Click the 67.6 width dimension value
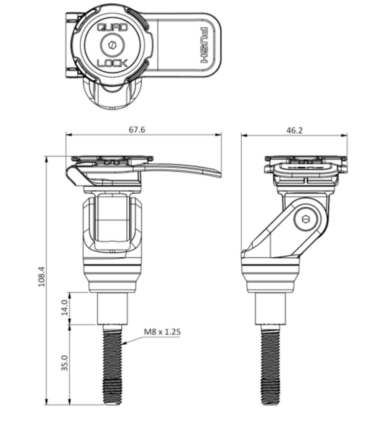click(x=137, y=130)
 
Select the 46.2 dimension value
click(x=295, y=130)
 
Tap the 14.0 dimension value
click(x=64, y=307)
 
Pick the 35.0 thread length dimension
click(x=64, y=363)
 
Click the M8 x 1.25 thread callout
click(x=162, y=332)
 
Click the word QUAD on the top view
click(x=112, y=28)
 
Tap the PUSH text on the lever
click(x=204, y=45)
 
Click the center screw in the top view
click(x=112, y=44)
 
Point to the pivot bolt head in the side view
click(x=307, y=219)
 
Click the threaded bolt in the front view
click(x=112, y=365)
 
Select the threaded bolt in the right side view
click(x=270, y=365)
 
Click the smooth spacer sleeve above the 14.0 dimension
click(x=112, y=309)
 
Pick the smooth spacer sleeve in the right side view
click(x=270, y=309)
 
